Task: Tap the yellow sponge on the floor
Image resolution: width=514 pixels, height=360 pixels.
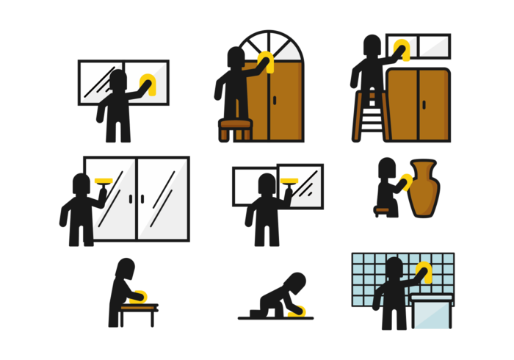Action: click(x=296, y=313)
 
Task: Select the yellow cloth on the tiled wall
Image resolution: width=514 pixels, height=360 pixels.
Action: click(x=421, y=273)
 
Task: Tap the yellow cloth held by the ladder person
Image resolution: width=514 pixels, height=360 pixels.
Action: click(x=401, y=50)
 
